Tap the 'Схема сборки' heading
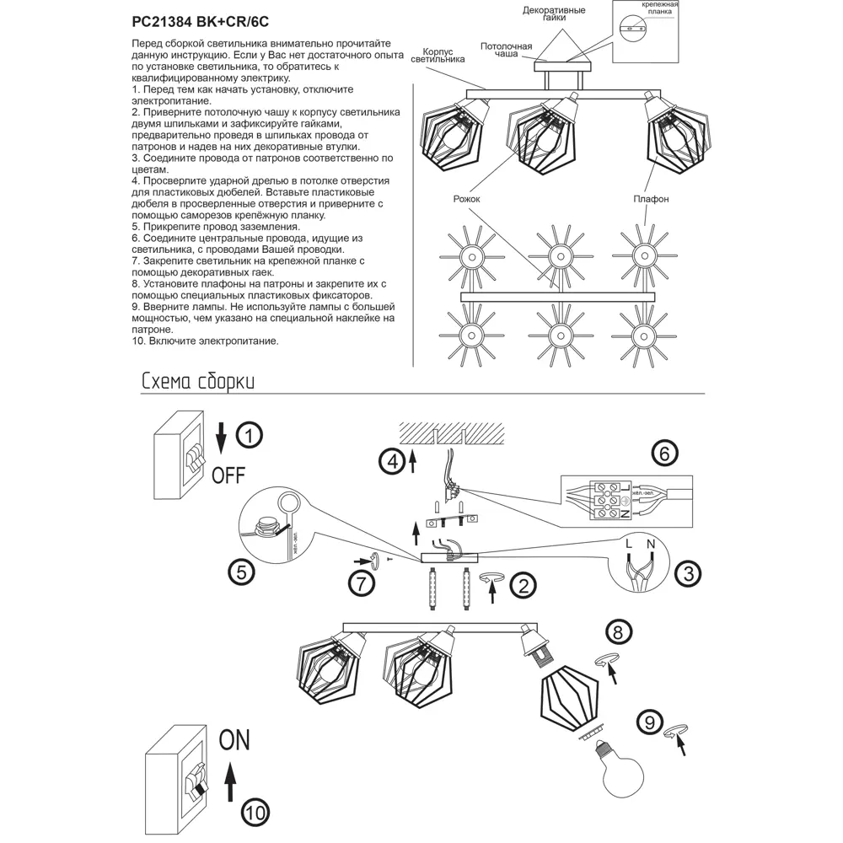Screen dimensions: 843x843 coord(198,381)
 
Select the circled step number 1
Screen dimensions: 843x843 coord(249,436)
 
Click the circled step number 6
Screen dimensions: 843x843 coord(664,454)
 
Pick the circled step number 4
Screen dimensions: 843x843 coord(390,461)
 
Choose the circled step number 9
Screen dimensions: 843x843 coord(647,722)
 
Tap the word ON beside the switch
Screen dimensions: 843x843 coord(235,740)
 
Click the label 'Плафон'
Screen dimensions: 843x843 coord(651,199)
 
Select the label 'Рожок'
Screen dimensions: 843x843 coord(466,199)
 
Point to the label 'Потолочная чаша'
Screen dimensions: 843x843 coord(507,49)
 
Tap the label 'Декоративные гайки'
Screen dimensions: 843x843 coord(554,15)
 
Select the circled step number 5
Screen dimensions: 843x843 coord(241,572)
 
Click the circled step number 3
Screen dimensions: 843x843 coord(689,575)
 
